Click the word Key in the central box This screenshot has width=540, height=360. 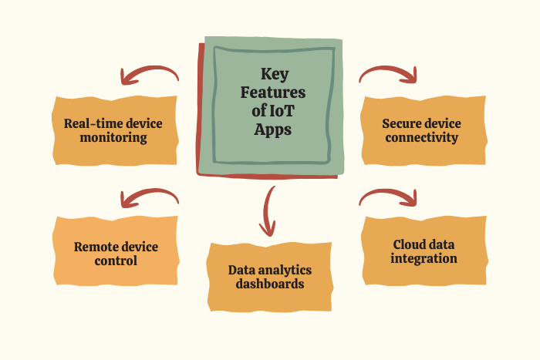273,75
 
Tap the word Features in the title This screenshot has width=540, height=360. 273,93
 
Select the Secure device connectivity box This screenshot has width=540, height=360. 421,131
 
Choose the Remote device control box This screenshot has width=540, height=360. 116,254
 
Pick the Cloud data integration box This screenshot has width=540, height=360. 424,251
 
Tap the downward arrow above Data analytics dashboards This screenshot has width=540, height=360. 268,210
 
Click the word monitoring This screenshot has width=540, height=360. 116,139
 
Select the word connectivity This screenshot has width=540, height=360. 421,139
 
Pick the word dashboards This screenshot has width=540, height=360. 270,284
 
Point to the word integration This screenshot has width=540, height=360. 424,259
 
